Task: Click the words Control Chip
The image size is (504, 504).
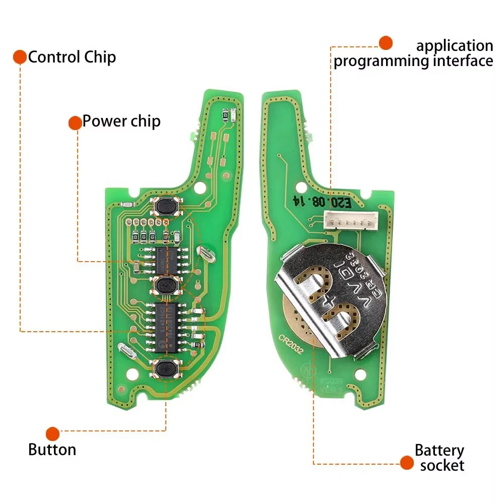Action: [72, 57]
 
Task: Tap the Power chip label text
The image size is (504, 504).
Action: [121, 121]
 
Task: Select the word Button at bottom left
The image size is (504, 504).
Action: [52, 450]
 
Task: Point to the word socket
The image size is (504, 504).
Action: [442, 465]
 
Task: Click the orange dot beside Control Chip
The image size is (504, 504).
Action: [20, 56]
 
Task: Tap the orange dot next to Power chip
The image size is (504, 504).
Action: [75, 122]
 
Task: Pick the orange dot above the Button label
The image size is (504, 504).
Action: [52, 433]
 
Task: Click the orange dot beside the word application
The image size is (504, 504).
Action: [386, 43]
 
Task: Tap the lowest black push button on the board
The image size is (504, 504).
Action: [165, 369]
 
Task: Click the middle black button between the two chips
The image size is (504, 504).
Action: [165, 286]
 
